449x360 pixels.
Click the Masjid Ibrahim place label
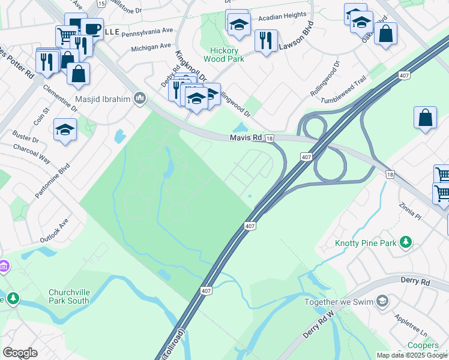103,98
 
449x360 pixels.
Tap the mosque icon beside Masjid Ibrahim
140,97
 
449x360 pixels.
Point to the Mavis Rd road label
246,138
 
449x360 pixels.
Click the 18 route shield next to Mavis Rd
271,139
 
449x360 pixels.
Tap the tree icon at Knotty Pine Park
406,242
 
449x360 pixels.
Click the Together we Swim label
339,302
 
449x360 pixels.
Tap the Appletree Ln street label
410,323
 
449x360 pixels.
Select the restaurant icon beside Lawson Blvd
265,41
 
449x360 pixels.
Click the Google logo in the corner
19,352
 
